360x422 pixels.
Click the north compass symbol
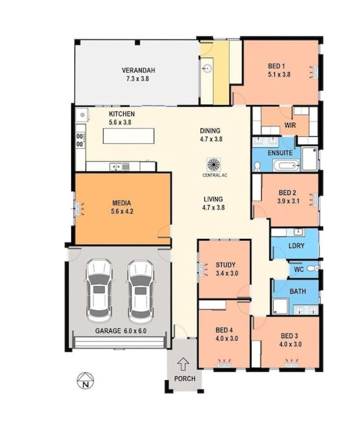tap(86, 381)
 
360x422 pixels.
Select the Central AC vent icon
tap(214, 165)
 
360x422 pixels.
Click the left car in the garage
tap(99, 291)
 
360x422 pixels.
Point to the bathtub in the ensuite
tap(286, 165)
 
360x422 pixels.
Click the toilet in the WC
tap(313, 268)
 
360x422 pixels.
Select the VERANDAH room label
tap(138, 70)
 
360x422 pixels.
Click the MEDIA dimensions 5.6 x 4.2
tap(122, 211)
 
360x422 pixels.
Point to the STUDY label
tap(226, 265)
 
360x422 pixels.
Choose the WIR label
tap(290, 125)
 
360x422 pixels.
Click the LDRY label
tap(296, 246)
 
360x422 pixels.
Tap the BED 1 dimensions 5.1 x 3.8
tap(279, 75)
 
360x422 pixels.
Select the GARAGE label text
tap(108, 331)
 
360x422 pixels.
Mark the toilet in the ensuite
tap(257, 167)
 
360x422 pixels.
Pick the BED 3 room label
tap(289, 336)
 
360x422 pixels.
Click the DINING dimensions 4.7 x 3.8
tap(211, 139)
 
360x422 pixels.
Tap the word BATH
tap(298, 291)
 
